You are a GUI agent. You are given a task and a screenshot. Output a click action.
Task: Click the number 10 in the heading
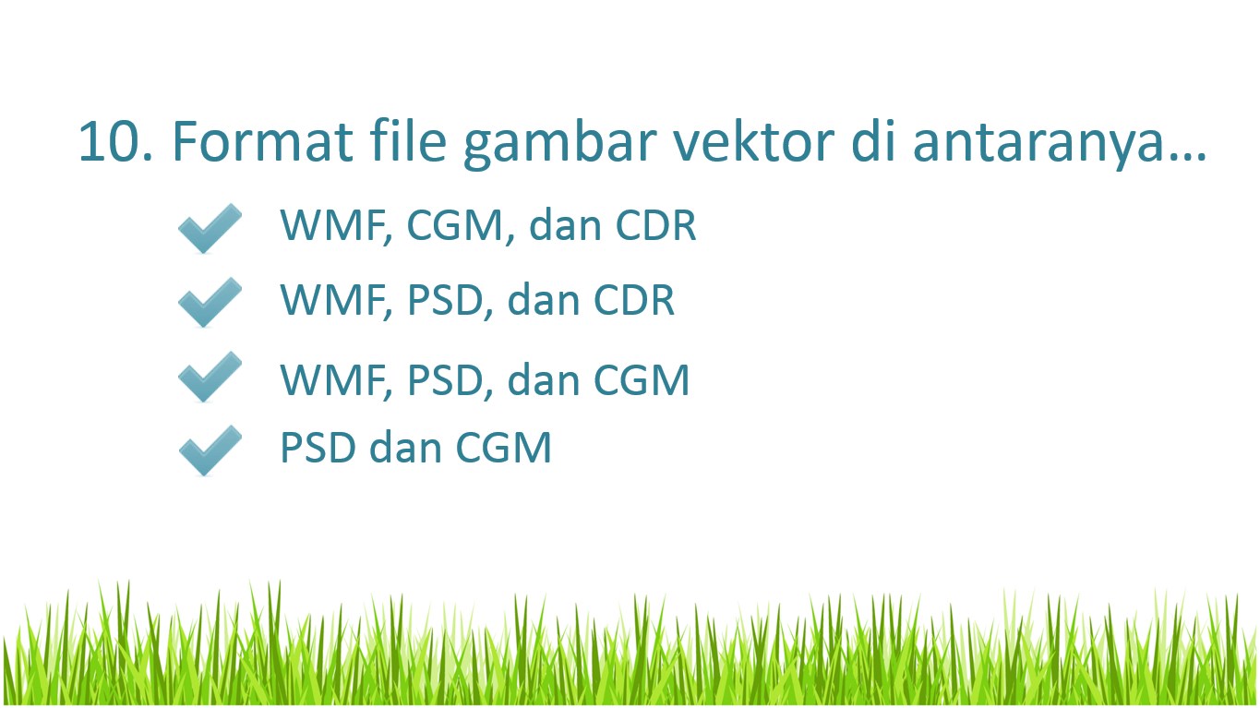[115, 142]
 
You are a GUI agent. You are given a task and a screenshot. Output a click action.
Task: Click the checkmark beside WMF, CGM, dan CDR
[210, 228]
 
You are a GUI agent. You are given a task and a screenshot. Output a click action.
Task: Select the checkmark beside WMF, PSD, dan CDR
[210, 302]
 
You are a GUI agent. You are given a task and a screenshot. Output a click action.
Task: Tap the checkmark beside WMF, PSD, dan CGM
[210, 377]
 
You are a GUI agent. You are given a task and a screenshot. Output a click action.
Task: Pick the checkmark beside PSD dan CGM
[210, 450]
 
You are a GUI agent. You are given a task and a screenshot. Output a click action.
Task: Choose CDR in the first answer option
[656, 225]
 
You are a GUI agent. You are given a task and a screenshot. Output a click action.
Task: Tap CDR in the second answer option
[634, 299]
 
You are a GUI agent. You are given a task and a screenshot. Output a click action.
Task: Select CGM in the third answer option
[642, 380]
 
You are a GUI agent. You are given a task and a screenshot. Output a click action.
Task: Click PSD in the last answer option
[318, 448]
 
